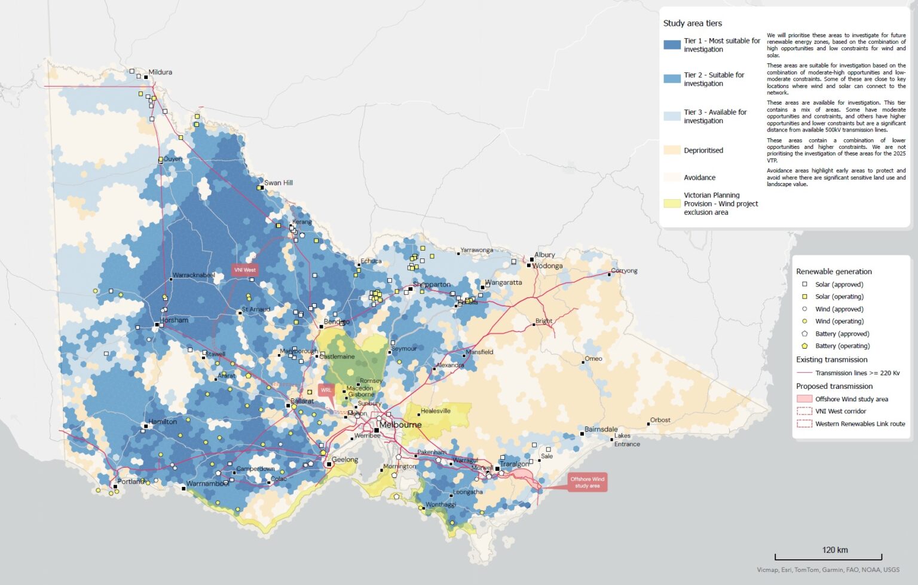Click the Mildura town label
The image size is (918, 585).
point(160,72)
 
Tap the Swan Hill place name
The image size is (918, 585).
point(279,183)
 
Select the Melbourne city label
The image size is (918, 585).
point(400,425)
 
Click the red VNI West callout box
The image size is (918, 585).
point(244,270)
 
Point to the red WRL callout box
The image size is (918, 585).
point(326,391)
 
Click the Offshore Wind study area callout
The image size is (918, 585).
point(587,483)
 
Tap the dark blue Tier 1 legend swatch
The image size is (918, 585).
point(672,45)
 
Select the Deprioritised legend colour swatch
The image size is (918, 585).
point(672,150)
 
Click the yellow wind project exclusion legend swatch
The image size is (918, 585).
point(672,203)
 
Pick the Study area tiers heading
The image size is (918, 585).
point(692,23)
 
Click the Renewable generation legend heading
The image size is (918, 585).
point(834,272)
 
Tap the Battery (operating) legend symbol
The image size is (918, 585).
point(804,346)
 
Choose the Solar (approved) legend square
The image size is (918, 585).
point(804,285)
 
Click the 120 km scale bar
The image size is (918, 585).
point(828,556)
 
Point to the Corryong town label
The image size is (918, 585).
point(624,271)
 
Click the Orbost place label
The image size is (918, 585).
point(660,420)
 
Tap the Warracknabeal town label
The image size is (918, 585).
point(194,275)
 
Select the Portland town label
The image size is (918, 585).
point(130,482)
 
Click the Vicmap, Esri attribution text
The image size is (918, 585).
point(828,570)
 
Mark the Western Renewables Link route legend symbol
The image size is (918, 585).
point(804,423)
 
